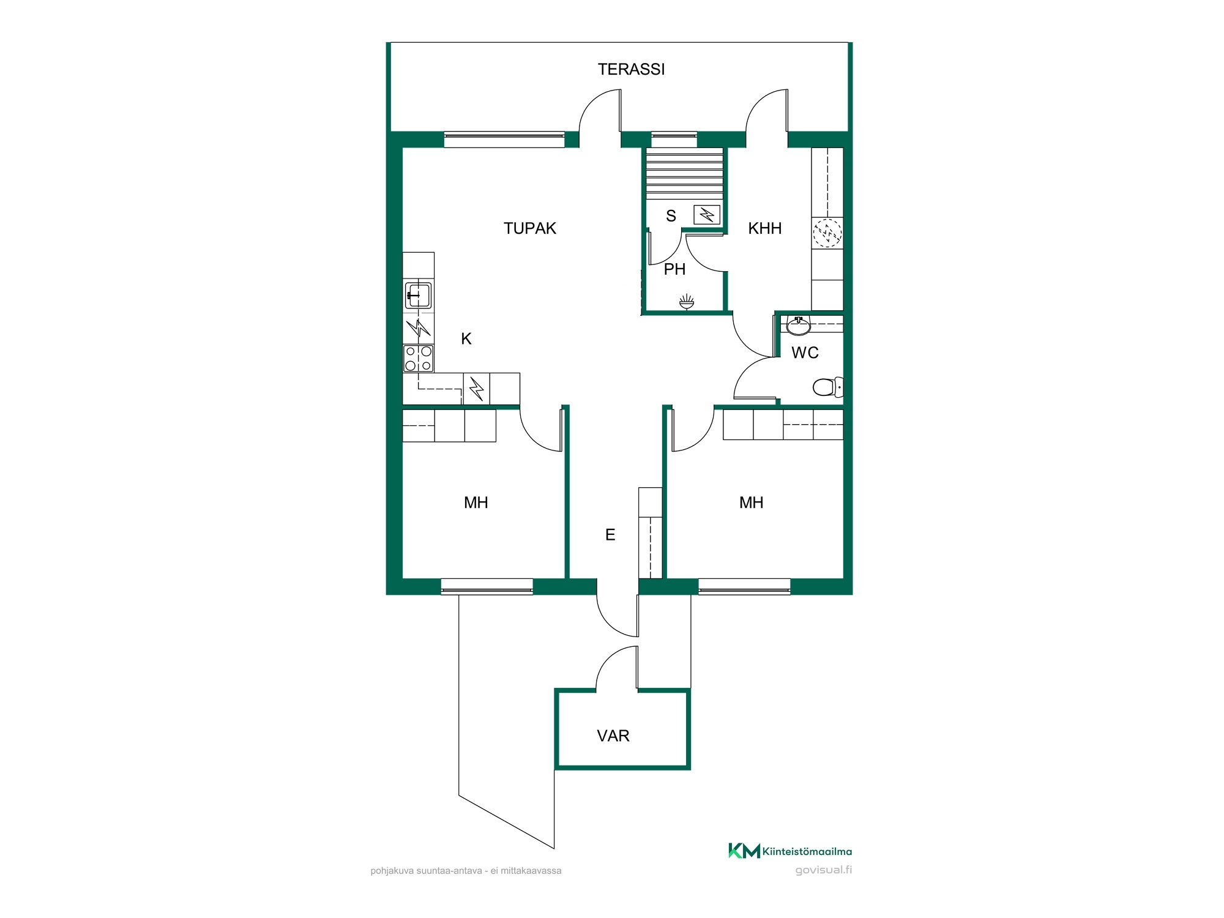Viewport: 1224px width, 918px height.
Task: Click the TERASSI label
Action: pos(631,69)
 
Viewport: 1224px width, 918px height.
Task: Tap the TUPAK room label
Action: pos(530,228)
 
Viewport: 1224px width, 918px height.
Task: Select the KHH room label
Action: pos(765,228)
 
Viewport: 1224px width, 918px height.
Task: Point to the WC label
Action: pos(805,353)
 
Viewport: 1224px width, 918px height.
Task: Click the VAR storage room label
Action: pos(613,736)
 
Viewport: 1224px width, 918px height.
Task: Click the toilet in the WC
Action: pos(828,387)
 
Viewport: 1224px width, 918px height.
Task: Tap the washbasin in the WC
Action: pos(799,326)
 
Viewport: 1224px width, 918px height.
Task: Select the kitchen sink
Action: pos(418,295)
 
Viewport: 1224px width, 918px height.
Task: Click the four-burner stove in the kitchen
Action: pos(419,359)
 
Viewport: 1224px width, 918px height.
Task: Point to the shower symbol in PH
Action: pos(687,300)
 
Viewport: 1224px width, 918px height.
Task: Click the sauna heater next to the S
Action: pos(707,215)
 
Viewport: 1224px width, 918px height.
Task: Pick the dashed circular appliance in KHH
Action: pos(827,233)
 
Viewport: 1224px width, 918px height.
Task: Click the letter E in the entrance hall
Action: pos(610,535)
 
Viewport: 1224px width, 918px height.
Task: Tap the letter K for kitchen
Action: pos(466,339)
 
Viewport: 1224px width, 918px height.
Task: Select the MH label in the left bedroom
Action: pos(476,502)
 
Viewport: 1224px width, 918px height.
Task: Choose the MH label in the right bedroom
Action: pos(752,502)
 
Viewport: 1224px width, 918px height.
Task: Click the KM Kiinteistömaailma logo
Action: pos(790,851)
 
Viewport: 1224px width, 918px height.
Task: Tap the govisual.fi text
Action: pos(824,870)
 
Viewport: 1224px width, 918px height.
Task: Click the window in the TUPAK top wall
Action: pos(504,140)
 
